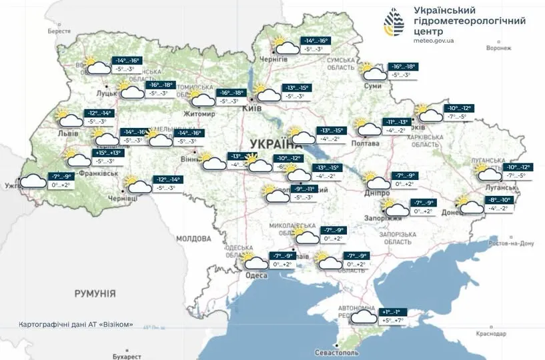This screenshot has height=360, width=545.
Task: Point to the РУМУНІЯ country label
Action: click(95, 293)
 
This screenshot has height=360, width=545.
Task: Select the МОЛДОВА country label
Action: click(193, 239)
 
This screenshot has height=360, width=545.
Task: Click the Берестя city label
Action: click(59, 31)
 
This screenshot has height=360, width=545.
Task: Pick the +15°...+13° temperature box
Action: click(108, 153)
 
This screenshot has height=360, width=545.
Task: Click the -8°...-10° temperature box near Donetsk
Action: click(498, 199)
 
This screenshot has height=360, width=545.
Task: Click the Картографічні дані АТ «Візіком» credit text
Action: click(76, 325)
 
